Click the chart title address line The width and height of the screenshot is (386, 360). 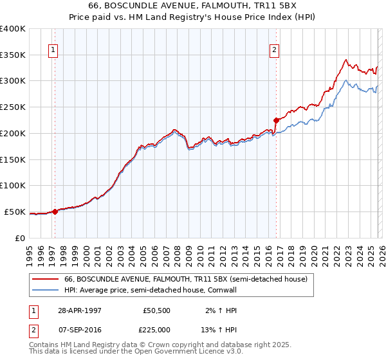point(193,6)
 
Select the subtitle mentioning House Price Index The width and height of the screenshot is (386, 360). point(193,17)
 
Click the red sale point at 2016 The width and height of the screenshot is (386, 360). point(276,120)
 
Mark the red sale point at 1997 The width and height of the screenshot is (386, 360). point(55,211)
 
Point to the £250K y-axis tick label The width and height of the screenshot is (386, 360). point(12,107)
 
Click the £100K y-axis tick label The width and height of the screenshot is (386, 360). point(12,185)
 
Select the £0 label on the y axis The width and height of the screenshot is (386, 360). point(19,238)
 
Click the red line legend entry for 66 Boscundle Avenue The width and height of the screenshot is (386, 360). point(186,279)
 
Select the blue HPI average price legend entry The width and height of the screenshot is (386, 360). point(151,291)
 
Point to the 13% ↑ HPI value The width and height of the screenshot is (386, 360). point(219,330)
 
